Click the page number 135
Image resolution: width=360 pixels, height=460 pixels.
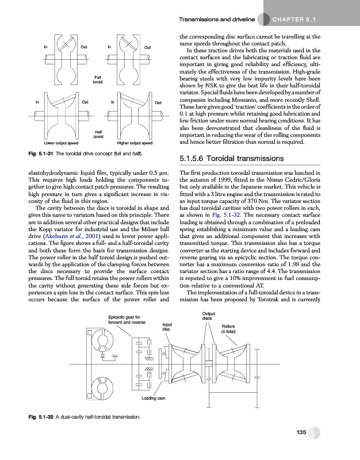300,432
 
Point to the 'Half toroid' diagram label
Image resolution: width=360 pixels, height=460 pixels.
98,134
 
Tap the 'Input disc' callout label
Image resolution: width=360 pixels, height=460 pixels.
167,327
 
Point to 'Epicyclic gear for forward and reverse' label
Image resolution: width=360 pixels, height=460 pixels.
127,319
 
